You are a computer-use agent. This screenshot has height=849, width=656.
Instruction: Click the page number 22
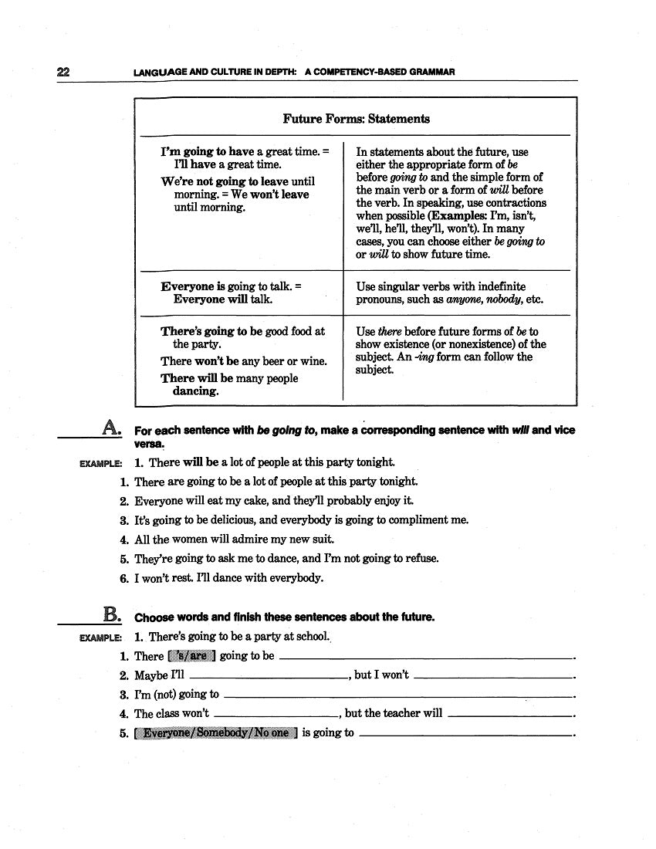(x=63, y=72)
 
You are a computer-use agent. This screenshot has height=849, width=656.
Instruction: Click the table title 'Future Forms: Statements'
(x=356, y=119)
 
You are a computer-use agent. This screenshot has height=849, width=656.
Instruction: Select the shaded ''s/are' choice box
(x=191, y=656)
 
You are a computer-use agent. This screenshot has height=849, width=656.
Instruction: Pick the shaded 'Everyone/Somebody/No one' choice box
(x=215, y=732)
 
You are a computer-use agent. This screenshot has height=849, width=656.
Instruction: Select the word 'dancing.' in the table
(x=195, y=391)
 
